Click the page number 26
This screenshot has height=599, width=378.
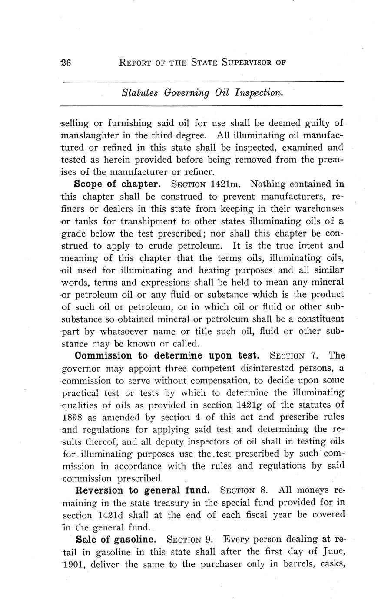click(x=66, y=62)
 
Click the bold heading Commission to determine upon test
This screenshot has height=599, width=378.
click(x=167, y=356)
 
